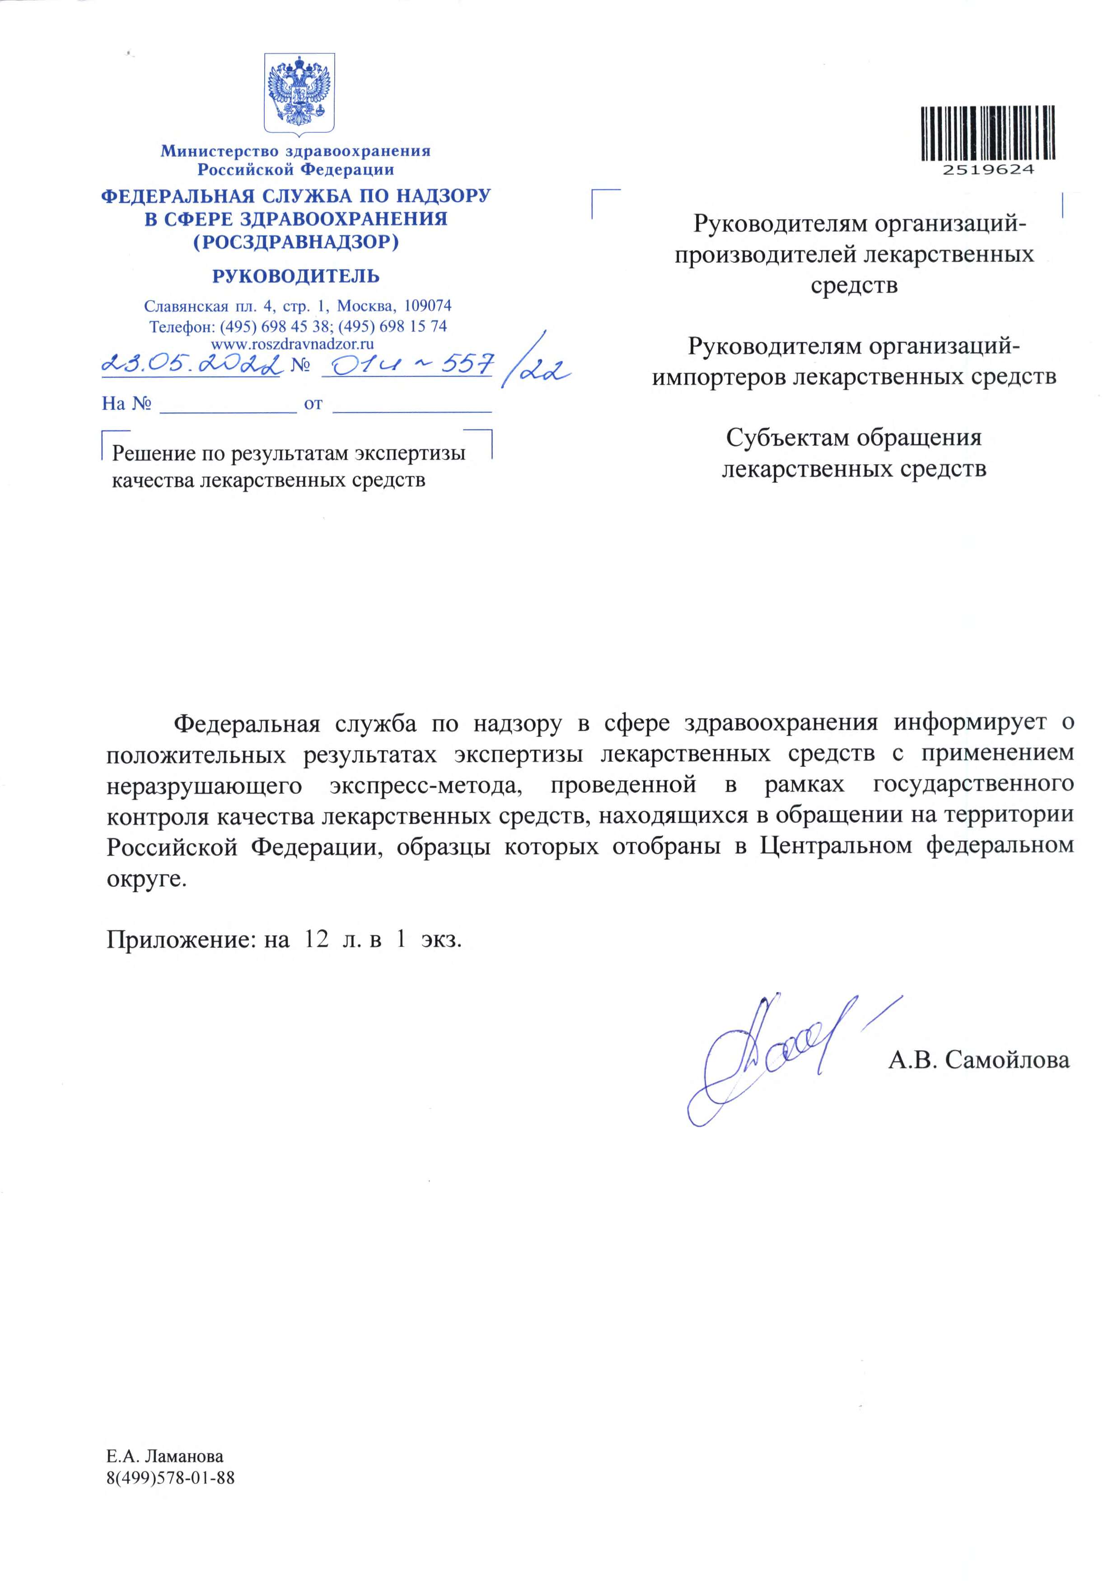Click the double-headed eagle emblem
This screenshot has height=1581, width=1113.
click(300, 93)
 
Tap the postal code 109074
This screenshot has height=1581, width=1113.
click(428, 305)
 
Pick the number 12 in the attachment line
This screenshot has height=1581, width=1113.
click(316, 940)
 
